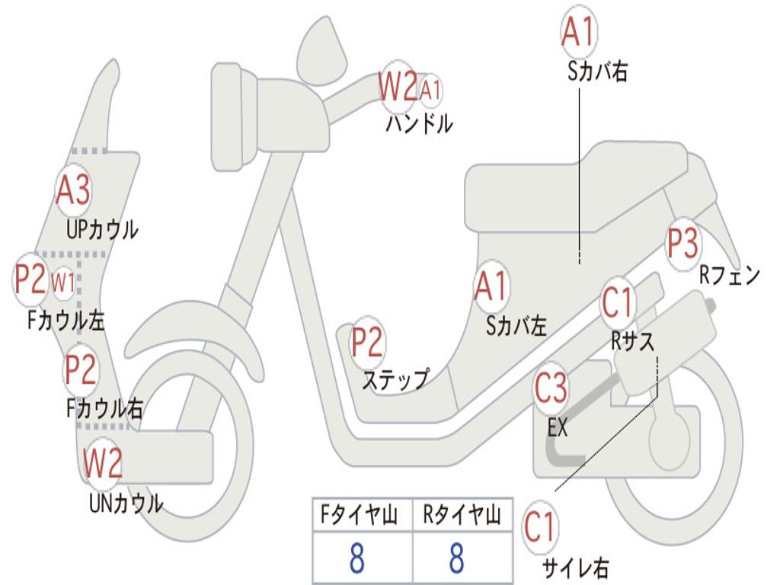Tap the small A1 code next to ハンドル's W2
click(430, 90)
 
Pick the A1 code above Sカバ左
click(491, 286)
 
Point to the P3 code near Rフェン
click(682, 244)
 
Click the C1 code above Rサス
click(618, 302)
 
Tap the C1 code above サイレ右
click(540, 526)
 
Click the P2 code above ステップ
click(367, 343)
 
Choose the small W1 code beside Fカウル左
click(63, 283)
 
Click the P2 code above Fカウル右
click(81, 369)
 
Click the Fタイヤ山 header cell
click(362, 516)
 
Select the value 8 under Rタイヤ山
click(456, 558)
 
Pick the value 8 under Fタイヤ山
click(356, 558)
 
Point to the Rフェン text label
click(730, 276)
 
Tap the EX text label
click(558, 428)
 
